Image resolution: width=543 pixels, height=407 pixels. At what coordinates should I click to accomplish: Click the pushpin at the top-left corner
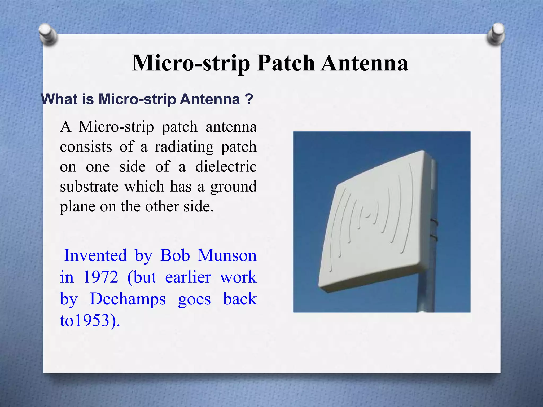click(x=48, y=35)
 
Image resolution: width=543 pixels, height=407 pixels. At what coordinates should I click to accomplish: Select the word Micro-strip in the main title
click(x=191, y=63)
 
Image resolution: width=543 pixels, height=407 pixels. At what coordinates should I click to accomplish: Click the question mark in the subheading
click(x=249, y=99)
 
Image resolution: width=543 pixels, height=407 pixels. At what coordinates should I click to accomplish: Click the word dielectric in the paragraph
click(x=226, y=167)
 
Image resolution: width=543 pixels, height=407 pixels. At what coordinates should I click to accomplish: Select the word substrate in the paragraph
click(x=89, y=187)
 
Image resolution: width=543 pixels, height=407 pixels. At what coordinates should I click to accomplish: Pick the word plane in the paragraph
click(x=77, y=207)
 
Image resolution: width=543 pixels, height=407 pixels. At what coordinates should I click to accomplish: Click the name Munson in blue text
click(x=227, y=256)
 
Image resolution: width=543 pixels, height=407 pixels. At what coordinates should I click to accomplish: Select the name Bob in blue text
click(x=175, y=256)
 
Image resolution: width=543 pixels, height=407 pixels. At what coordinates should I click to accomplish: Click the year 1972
click(x=101, y=277)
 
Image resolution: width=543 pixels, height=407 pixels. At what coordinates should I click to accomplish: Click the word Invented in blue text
click(x=95, y=256)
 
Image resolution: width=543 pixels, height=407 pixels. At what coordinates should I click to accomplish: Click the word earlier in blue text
click(x=188, y=277)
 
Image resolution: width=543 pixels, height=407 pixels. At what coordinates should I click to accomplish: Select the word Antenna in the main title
click(x=364, y=63)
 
